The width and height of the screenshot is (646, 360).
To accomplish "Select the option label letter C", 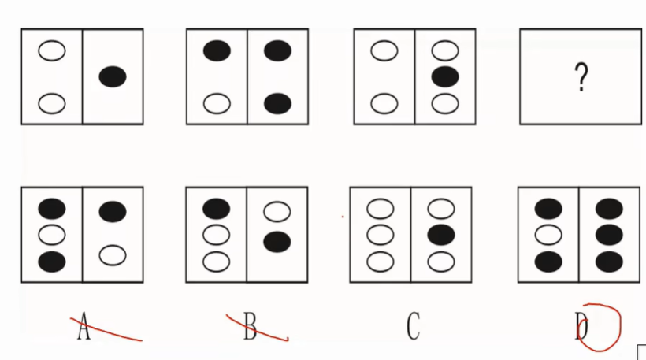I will tap(413, 326).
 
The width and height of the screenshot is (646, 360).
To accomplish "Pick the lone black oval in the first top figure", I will tap(113, 76).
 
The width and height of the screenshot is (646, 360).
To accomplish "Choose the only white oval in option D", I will tap(548, 235).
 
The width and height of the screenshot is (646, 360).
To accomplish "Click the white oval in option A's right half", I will tap(113, 254).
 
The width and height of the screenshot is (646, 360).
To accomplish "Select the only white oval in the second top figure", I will tap(217, 103).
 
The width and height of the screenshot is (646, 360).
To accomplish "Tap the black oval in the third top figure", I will tap(445, 77).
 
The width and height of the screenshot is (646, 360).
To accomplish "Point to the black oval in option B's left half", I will tap(217, 209).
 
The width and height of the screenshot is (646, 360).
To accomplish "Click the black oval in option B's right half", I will tap(277, 242).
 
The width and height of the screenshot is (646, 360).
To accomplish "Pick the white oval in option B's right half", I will tap(277, 212).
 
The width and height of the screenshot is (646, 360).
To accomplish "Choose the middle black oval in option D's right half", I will tap(609, 235).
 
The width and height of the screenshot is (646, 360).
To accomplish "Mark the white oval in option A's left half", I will tap(52, 235).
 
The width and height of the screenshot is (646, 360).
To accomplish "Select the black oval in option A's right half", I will tap(113, 211).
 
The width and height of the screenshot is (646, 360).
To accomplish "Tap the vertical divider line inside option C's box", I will tap(411, 235).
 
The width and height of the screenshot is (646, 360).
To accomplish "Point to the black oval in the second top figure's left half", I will tap(217, 51).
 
